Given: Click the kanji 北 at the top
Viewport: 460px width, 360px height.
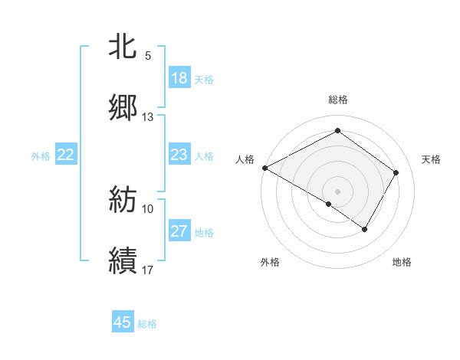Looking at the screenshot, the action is [x=123, y=47].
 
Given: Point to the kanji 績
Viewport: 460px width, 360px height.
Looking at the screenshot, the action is [x=123, y=260].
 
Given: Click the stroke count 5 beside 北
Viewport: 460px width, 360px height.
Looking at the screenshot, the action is [x=148, y=56].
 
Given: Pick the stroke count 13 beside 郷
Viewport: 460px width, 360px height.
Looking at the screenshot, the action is [x=148, y=116].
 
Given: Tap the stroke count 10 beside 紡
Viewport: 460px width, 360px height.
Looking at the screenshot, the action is [x=148, y=208].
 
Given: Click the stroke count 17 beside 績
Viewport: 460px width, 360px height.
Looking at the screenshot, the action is [x=148, y=270].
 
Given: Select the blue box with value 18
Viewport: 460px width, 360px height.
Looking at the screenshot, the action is [x=179, y=78].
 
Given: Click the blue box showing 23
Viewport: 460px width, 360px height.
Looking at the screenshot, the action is [x=179, y=155].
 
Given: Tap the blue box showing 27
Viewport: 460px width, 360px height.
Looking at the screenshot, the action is [x=179, y=231].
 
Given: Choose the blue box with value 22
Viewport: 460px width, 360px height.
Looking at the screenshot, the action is [x=66, y=155].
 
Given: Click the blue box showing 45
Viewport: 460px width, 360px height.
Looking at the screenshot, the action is [x=123, y=322].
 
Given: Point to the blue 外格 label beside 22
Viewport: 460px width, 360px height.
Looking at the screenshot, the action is [x=41, y=156].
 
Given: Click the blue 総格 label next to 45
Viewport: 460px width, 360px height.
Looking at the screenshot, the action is [x=147, y=324].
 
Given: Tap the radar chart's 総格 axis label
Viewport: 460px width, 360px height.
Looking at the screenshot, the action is [x=337, y=100].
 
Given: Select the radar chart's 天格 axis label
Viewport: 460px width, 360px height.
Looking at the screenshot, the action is [x=431, y=159].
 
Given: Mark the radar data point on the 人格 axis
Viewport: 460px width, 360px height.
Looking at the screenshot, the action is [x=264, y=168].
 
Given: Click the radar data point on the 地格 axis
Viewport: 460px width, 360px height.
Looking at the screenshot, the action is [x=365, y=229].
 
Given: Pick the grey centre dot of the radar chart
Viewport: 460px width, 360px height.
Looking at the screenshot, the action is [x=337, y=191].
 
